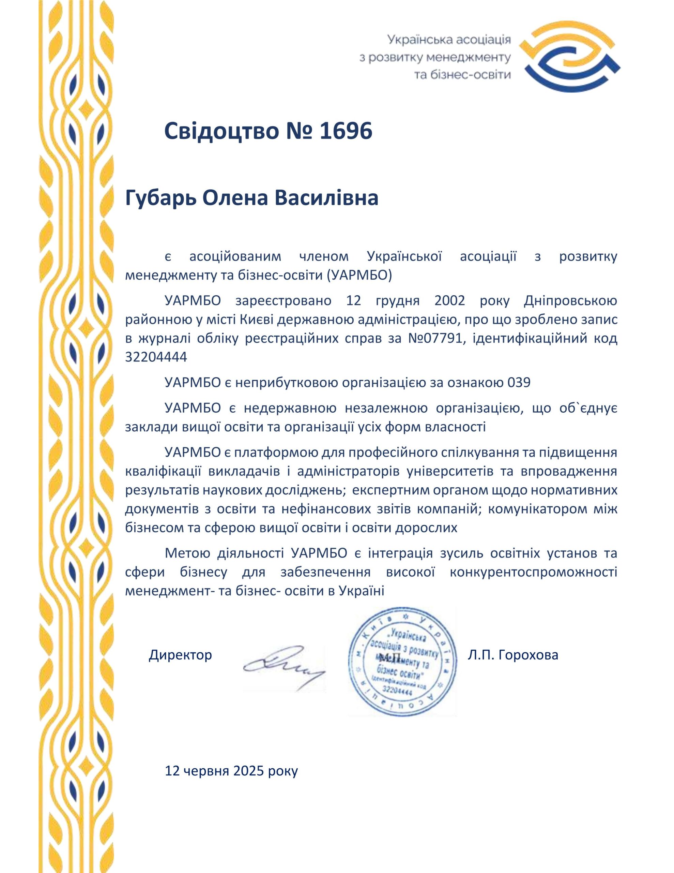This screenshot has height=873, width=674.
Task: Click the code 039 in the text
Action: pyautogui.click(x=519, y=383)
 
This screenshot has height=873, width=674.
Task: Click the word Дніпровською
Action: pyautogui.click(x=570, y=300)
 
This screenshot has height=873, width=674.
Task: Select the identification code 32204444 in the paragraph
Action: pyautogui.click(x=156, y=357)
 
